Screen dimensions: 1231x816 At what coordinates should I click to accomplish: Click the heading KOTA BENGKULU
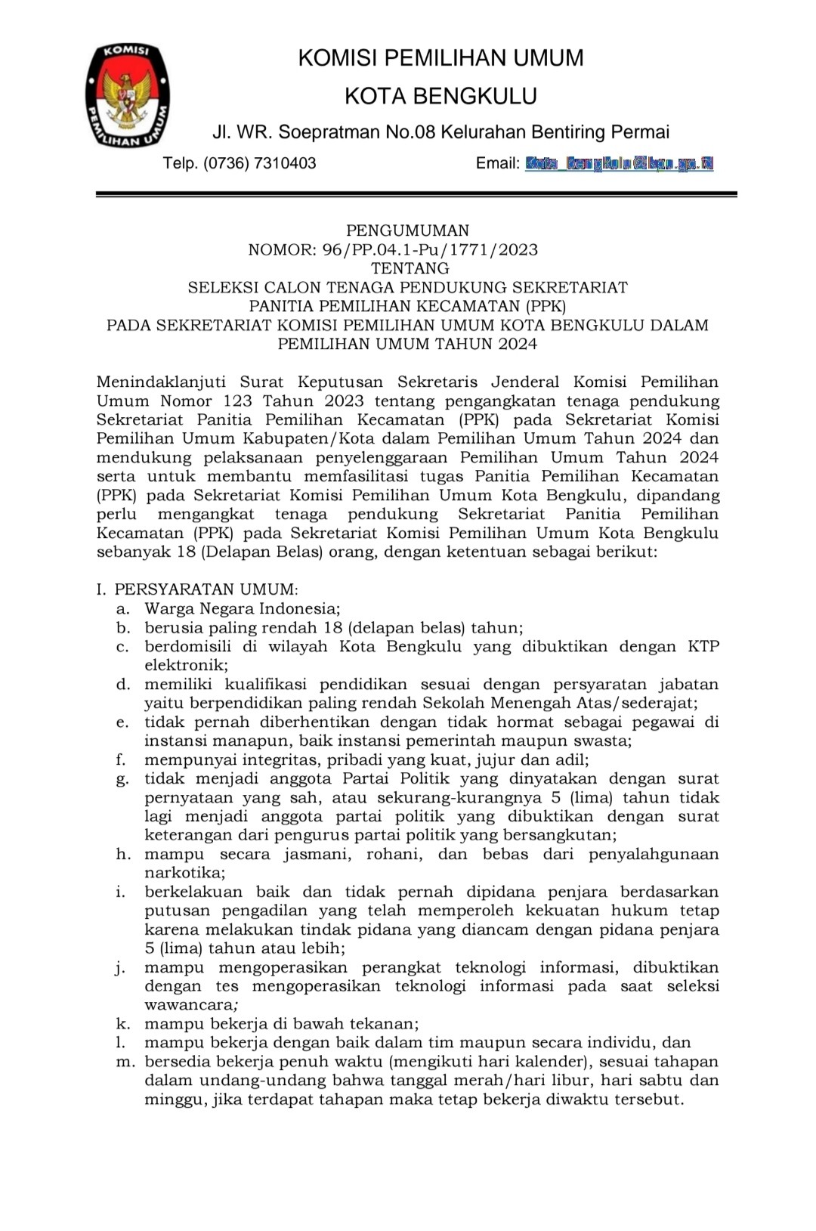pyautogui.click(x=440, y=96)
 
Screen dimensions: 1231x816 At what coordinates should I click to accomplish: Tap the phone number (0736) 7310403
pyautogui.click(x=259, y=163)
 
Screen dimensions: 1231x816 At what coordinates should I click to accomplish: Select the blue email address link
pyautogui.click(x=619, y=163)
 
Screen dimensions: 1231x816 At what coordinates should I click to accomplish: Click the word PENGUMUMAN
pyautogui.click(x=407, y=230)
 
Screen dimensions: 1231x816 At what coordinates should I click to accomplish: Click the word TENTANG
pyautogui.click(x=410, y=268)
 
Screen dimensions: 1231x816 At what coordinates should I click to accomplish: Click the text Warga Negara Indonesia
pyautogui.click(x=242, y=608)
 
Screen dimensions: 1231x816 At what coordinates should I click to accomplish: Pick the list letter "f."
pyautogui.click(x=121, y=759)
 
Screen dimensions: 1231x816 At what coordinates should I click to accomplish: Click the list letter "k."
pyautogui.click(x=122, y=1024)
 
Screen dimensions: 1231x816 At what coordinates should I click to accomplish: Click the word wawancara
pyautogui.click(x=190, y=1005)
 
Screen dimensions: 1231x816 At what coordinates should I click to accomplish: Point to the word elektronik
pyautogui.click(x=185, y=665)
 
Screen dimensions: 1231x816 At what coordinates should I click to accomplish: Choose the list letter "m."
pyautogui.click(x=124, y=1062)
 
